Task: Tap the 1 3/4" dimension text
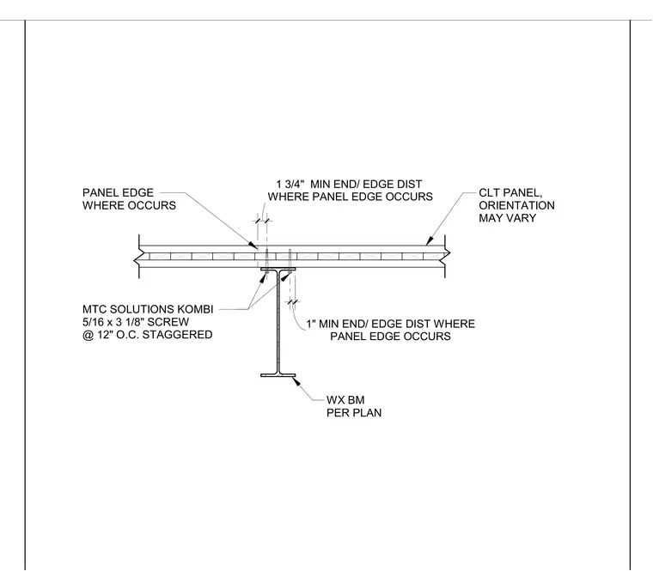(x=290, y=184)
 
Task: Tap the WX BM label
(x=345, y=400)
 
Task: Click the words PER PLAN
(x=354, y=413)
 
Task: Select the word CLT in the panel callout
(x=489, y=192)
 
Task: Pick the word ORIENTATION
(x=516, y=205)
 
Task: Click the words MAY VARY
(x=507, y=218)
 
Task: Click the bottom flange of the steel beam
(x=278, y=375)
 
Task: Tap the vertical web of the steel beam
(x=278, y=322)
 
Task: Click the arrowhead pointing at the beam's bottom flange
(x=297, y=380)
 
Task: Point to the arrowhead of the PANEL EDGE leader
(x=253, y=245)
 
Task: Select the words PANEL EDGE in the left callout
(x=118, y=192)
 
